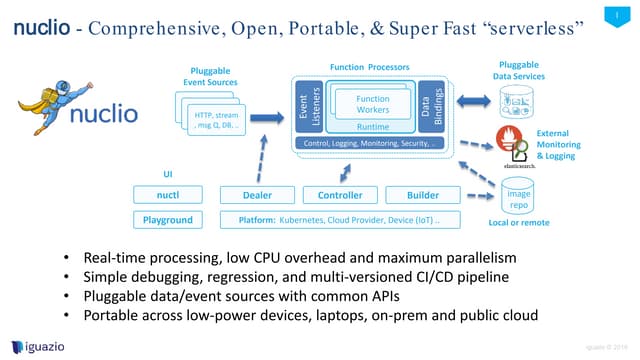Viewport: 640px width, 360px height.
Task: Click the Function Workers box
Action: click(372, 104)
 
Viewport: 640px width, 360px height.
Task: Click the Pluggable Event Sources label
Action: click(208, 76)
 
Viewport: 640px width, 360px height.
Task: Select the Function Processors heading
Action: click(369, 67)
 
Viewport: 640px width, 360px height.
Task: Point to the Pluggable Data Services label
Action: click(521, 70)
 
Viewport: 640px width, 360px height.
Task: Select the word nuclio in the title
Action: click(47, 27)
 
